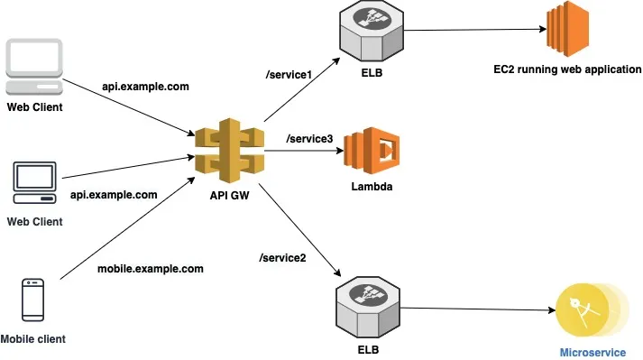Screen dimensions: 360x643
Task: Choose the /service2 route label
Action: (283, 258)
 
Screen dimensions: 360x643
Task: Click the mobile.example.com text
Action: (150, 268)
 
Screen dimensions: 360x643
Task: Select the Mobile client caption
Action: (33, 339)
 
